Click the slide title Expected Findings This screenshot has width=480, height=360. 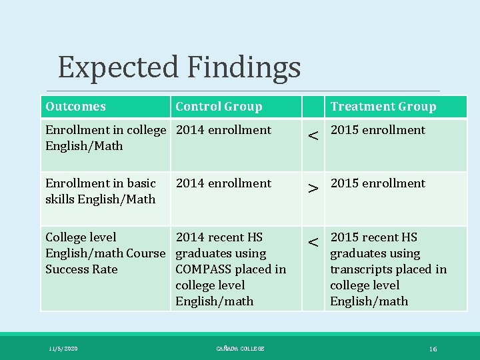coord(179,67)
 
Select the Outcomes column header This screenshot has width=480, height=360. coord(75,107)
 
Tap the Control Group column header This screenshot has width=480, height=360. coord(219,107)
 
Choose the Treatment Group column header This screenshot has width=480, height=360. coord(383,107)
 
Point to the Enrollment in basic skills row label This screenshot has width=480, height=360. coord(100,191)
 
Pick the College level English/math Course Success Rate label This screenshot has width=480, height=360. coord(105,253)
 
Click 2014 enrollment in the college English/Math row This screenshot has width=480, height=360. coord(223,130)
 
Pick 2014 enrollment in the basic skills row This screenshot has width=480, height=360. coord(223,183)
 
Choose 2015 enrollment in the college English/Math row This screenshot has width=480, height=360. coord(377,130)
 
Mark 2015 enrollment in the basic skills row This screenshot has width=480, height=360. coord(377,183)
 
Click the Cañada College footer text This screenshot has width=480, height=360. coord(240,349)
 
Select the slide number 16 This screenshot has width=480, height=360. coord(433,349)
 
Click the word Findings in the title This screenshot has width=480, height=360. coord(243,67)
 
